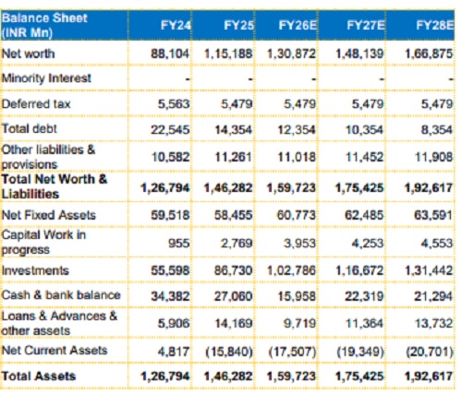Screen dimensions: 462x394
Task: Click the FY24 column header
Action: pyautogui.click(x=176, y=25)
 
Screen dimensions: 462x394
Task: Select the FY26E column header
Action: pyautogui.click(x=298, y=25)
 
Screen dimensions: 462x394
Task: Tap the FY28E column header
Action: pyautogui.click(x=435, y=25)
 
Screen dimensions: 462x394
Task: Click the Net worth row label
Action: pyautogui.click(x=29, y=54)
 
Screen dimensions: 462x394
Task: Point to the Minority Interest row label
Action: pyautogui.click(x=46, y=78)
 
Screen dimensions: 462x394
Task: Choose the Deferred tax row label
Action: pyautogui.click(x=36, y=104)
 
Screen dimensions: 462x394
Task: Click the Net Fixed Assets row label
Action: pyautogui.click(x=49, y=215)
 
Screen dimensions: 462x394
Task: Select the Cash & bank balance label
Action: pyautogui.click(x=61, y=295)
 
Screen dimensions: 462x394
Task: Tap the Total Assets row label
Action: pyautogui.click(x=39, y=376)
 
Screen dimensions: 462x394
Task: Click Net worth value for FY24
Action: pyautogui.click(x=170, y=54)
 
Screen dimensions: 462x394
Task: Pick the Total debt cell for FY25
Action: pyautogui.click(x=234, y=130)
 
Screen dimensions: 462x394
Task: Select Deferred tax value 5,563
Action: pyautogui.click(x=174, y=104)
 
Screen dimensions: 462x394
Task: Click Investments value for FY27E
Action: pyautogui.click(x=359, y=270)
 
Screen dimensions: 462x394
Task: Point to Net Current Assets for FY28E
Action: pyautogui.click(x=430, y=352)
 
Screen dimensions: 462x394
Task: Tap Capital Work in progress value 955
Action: pyautogui.click(x=179, y=244)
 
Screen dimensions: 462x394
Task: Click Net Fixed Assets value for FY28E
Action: pyautogui.click(x=433, y=215)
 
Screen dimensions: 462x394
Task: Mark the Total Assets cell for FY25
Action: pyautogui.click(x=228, y=376)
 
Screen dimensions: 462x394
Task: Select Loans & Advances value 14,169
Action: pyautogui.click(x=234, y=324)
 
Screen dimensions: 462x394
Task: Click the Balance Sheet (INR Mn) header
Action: pyautogui.click(x=44, y=25)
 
